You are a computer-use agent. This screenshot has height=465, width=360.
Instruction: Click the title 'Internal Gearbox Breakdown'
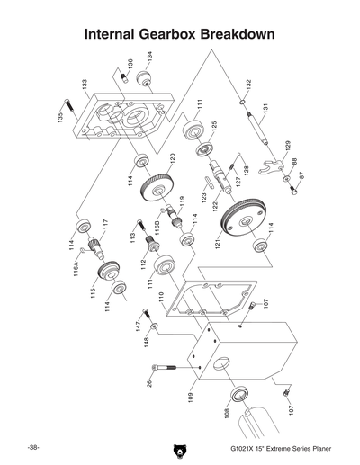pyautogui.click(x=179, y=35)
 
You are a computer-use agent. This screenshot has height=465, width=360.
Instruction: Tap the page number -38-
pyautogui.click(x=32, y=447)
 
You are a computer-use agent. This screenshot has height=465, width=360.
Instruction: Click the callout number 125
pyautogui.click(x=214, y=127)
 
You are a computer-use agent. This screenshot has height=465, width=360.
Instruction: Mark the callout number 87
pyautogui.click(x=301, y=177)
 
